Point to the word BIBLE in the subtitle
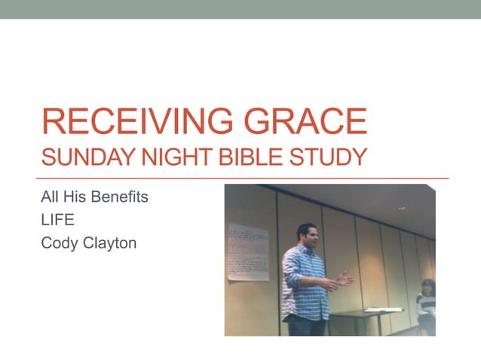coord(230,157)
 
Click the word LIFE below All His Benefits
coord(54,221)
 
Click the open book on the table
coord(377,310)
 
